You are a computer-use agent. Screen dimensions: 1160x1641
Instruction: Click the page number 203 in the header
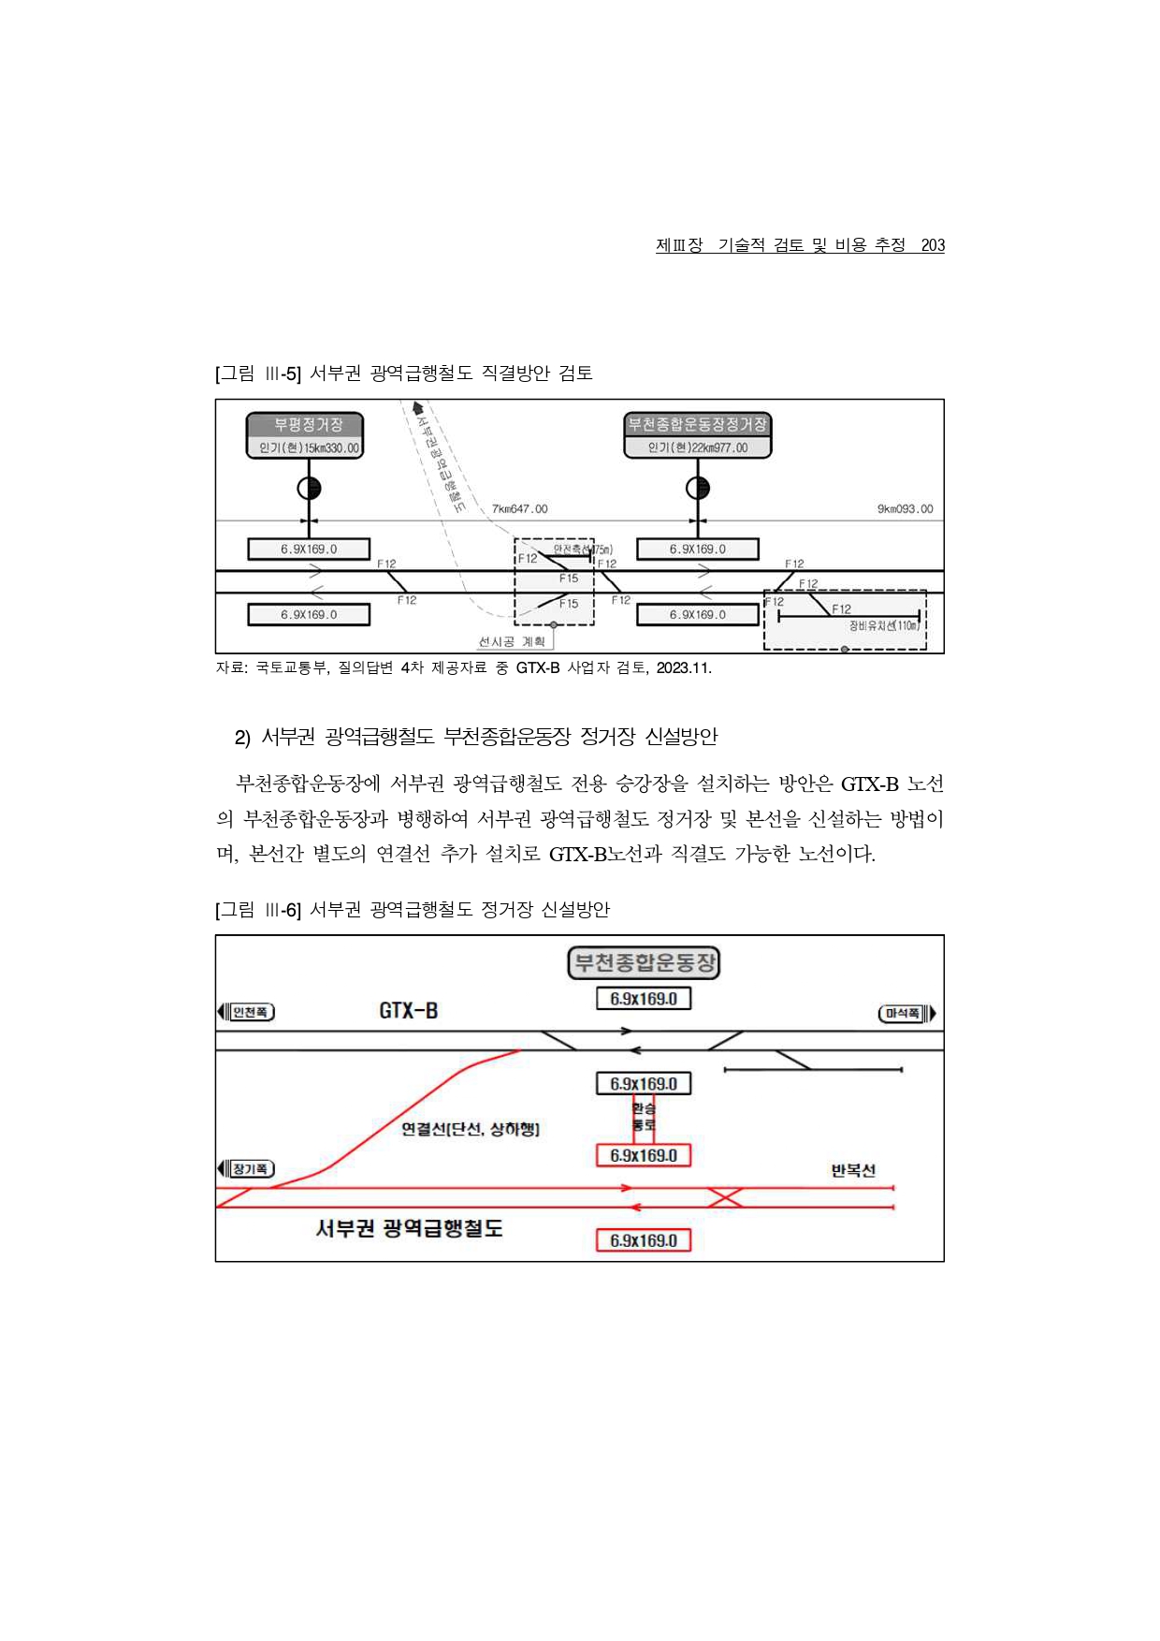(932, 245)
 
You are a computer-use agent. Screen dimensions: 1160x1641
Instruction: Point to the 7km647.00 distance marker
(519, 509)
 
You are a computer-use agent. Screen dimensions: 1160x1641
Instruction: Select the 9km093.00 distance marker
(904, 509)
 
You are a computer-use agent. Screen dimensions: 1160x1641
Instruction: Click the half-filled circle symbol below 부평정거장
(309, 488)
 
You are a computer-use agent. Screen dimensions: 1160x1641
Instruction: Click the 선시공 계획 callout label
(512, 642)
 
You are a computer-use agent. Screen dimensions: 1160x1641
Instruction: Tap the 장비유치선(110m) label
(883, 625)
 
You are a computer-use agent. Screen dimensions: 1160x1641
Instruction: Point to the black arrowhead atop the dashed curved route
(417, 408)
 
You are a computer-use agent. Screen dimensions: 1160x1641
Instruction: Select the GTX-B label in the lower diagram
(408, 1011)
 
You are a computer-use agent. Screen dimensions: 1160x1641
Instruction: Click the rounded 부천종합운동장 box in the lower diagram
(644, 962)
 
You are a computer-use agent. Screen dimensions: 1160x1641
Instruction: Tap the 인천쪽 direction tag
(249, 1012)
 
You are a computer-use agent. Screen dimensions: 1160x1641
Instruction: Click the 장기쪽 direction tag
(249, 1169)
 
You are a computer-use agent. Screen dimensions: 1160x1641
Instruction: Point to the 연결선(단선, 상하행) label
(470, 1129)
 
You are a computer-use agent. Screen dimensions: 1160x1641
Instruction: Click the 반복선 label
(853, 1170)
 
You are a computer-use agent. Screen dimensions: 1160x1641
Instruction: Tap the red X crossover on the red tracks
(725, 1197)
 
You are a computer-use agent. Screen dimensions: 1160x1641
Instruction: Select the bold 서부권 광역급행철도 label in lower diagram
(409, 1228)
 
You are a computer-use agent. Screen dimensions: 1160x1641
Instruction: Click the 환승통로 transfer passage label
(644, 1117)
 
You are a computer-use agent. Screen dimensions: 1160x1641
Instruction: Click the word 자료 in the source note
(230, 667)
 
